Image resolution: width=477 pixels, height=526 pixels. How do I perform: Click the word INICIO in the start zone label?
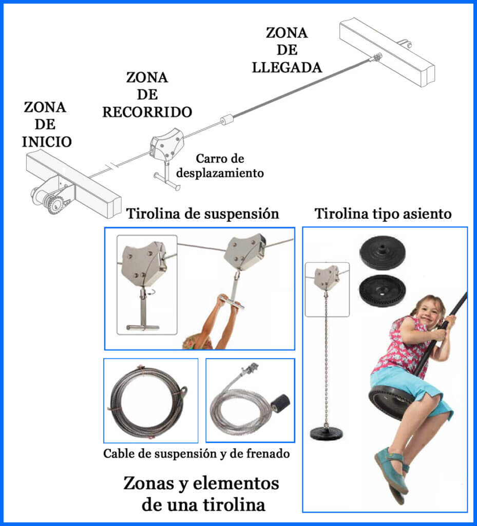click(47, 141)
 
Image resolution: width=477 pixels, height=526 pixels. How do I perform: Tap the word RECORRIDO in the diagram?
click(147, 111)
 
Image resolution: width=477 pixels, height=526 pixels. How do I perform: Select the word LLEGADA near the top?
click(287, 67)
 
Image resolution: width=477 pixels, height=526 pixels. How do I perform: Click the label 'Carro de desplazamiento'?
click(220, 165)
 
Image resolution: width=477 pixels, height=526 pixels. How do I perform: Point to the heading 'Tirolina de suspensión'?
click(203, 214)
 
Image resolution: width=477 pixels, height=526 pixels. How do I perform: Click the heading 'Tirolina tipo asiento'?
click(383, 214)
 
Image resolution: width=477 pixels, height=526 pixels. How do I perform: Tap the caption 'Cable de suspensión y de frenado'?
click(197, 454)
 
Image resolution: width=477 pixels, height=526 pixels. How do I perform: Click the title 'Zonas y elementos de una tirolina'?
click(201, 494)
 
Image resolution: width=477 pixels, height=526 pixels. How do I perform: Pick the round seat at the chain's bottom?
click(327, 432)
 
